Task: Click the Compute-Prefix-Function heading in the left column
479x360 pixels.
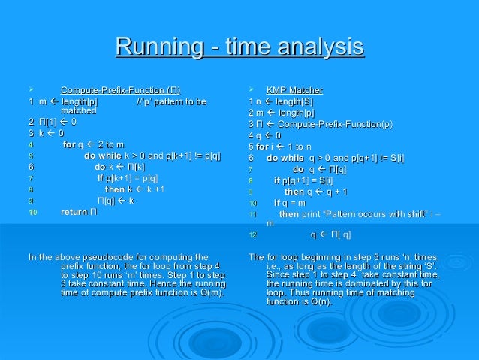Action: [120, 91]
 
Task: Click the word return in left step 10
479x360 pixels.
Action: [74, 212]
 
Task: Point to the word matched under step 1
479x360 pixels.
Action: [78, 110]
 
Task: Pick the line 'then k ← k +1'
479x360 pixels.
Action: [134, 189]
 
